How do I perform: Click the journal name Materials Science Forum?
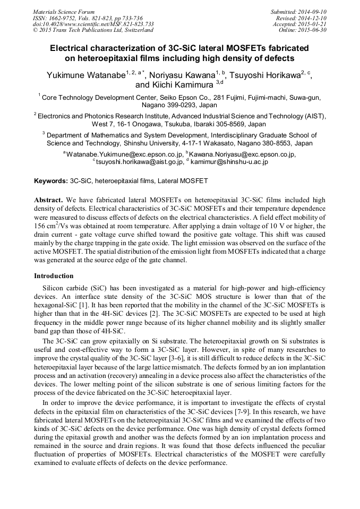[x=64, y=12]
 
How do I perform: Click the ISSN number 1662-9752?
[x=66, y=18]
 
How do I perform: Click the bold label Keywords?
[x=51, y=181]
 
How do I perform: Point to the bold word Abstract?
[x=48, y=200]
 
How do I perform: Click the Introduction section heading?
[x=54, y=276]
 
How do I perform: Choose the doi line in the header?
[x=93, y=24]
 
